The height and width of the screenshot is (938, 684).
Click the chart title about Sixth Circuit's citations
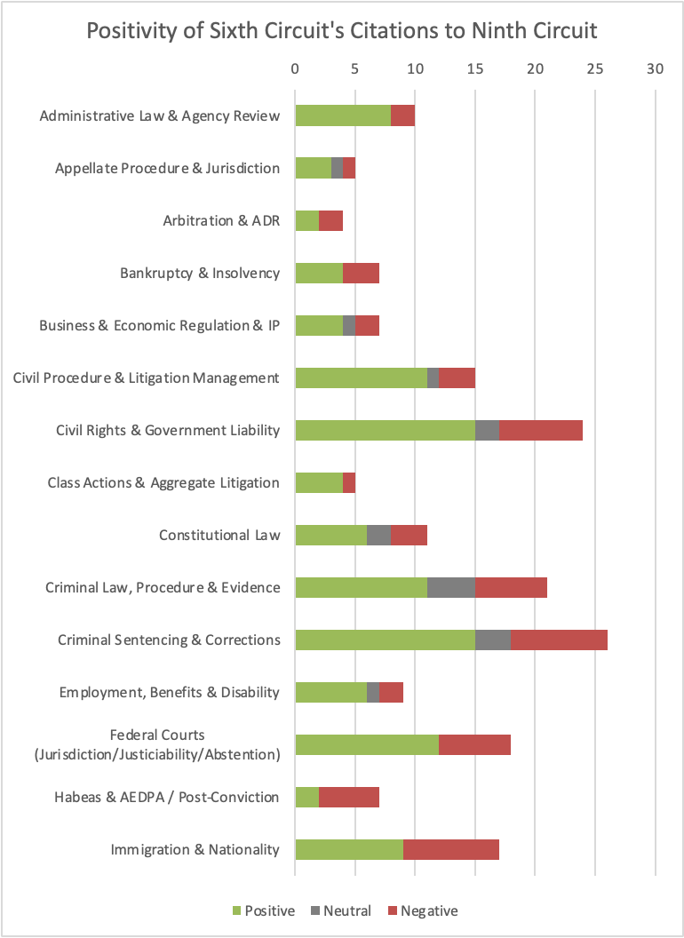click(x=342, y=31)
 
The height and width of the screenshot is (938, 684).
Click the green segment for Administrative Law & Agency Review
click(x=343, y=115)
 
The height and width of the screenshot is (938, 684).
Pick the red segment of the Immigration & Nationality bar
click(x=451, y=850)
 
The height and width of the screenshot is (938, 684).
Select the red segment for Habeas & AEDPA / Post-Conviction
click(x=349, y=798)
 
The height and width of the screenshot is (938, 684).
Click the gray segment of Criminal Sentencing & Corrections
click(x=493, y=640)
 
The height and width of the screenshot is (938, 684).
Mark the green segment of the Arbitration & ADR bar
click(x=306, y=220)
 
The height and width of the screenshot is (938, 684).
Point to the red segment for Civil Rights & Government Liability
click(x=541, y=431)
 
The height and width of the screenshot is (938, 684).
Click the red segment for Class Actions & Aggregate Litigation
click(x=349, y=483)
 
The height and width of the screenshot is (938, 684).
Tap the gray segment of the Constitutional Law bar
click(x=378, y=536)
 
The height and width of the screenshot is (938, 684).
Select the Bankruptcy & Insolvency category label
click(x=200, y=273)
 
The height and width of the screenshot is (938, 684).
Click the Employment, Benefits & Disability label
click(x=170, y=692)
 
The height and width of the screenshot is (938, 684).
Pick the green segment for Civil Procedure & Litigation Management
click(x=361, y=378)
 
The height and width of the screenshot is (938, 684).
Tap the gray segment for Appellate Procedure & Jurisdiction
click(x=337, y=168)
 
